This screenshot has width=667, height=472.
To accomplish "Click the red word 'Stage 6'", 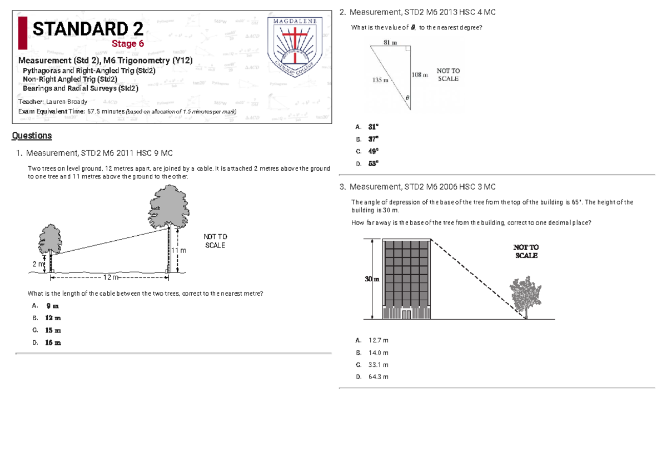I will point(128,44).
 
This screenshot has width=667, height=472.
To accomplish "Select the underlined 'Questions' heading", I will point(32,136).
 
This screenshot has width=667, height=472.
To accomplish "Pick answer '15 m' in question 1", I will point(53,330).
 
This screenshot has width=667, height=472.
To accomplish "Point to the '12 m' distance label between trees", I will point(111,277).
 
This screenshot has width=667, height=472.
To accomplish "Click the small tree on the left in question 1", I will point(50,240).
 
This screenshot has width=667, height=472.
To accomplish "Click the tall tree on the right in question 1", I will point(168,207).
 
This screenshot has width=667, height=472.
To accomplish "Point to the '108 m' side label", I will point(420,74).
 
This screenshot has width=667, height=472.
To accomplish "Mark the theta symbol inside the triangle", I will point(407,97).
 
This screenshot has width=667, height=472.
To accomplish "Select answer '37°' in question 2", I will point(373,139).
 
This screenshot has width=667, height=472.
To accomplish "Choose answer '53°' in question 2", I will point(373,163).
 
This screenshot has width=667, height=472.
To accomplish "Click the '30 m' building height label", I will point(371,279).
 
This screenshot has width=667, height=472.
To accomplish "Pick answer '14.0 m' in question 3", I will point(379,352).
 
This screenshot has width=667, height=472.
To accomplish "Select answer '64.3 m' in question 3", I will point(379,377).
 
